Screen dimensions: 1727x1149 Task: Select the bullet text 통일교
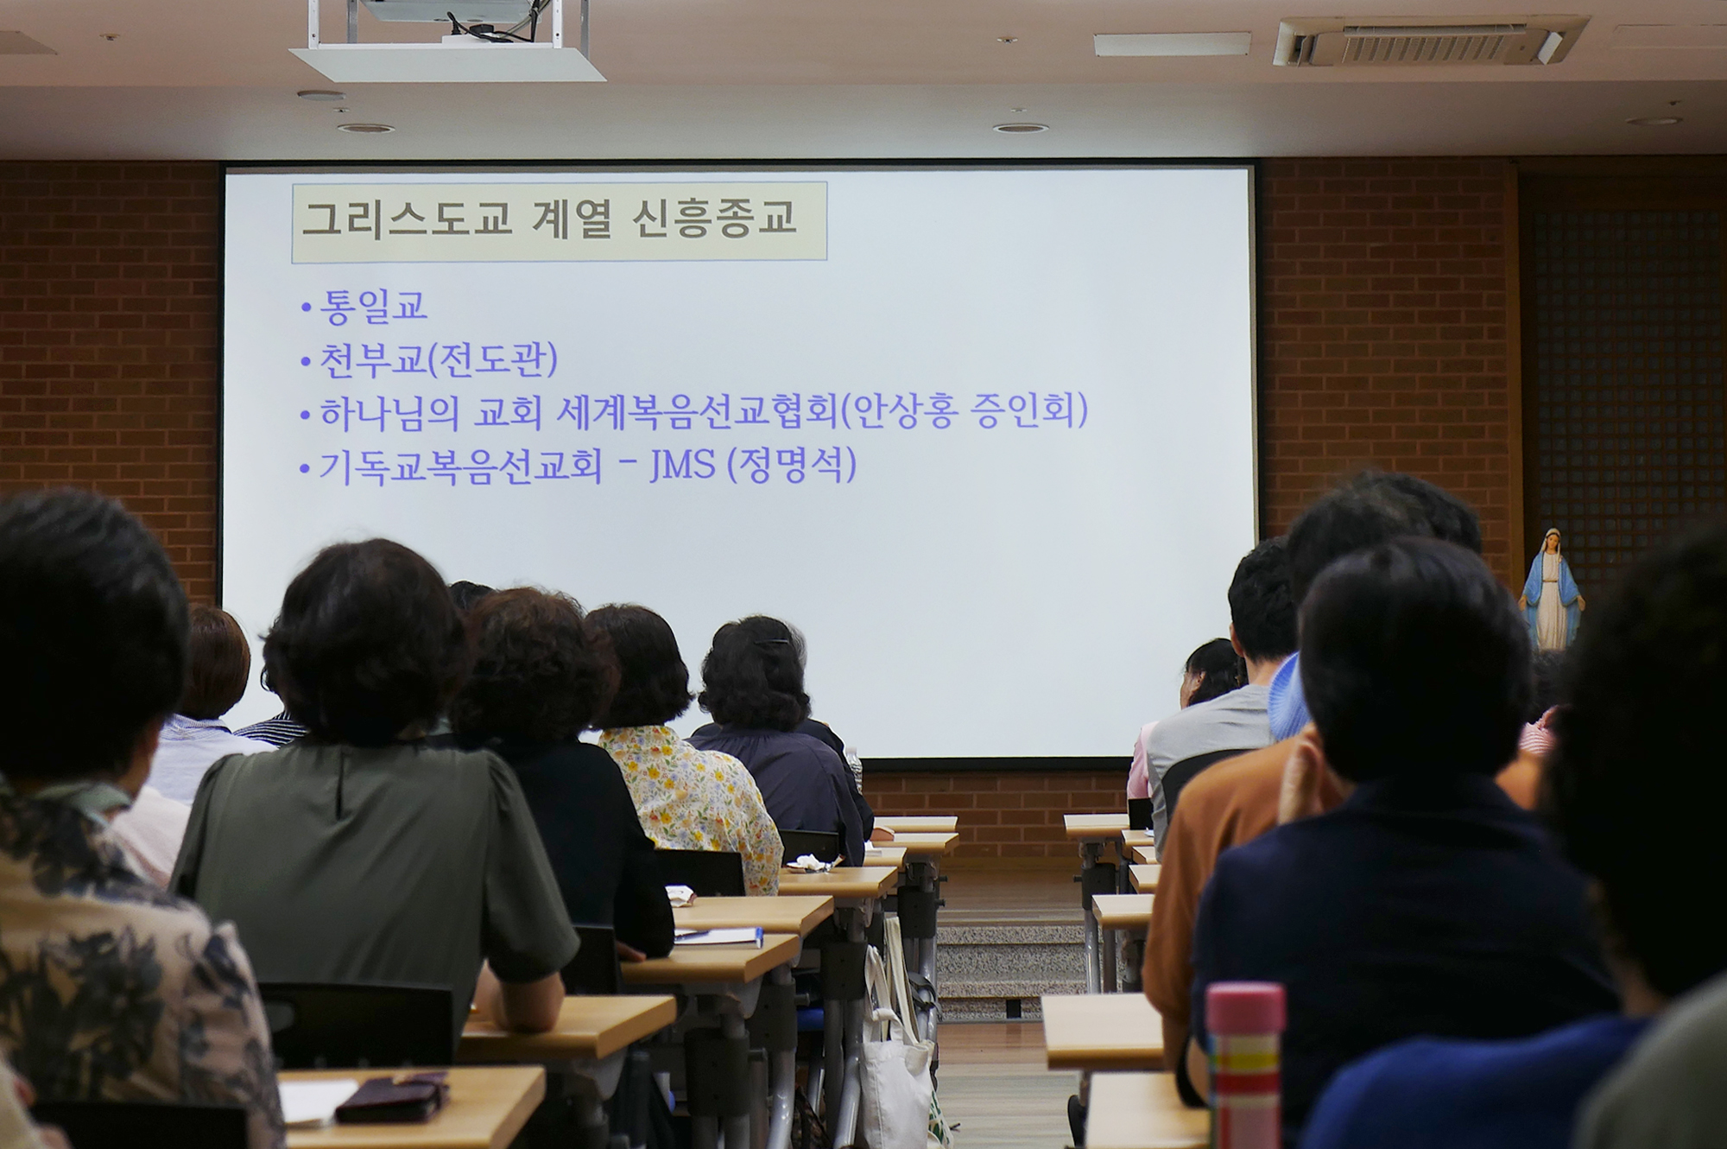pyautogui.click(x=373, y=306)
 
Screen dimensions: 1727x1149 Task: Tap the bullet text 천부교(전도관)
pyautogui.click(x=439, y=359)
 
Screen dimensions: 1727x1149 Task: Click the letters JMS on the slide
pyautogui.click(x=682, y=465)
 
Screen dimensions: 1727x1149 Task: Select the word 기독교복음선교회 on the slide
pyautogui.click(x=460, y=467)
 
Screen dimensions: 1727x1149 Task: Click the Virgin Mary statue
pyautogui.click(x=1551, y=589)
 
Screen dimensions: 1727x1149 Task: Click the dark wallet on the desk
pyautogui.click(x=393, y=1098)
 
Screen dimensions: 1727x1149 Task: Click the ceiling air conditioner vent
pyautogui.click(x=1429, y=41)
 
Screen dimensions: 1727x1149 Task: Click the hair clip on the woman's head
pyautogui.click(x=770, y=642)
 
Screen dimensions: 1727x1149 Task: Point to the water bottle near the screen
pyautogui.click(x=854, y=769)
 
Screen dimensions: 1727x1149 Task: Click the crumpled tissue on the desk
pyautogui.click(x=811, y=861)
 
